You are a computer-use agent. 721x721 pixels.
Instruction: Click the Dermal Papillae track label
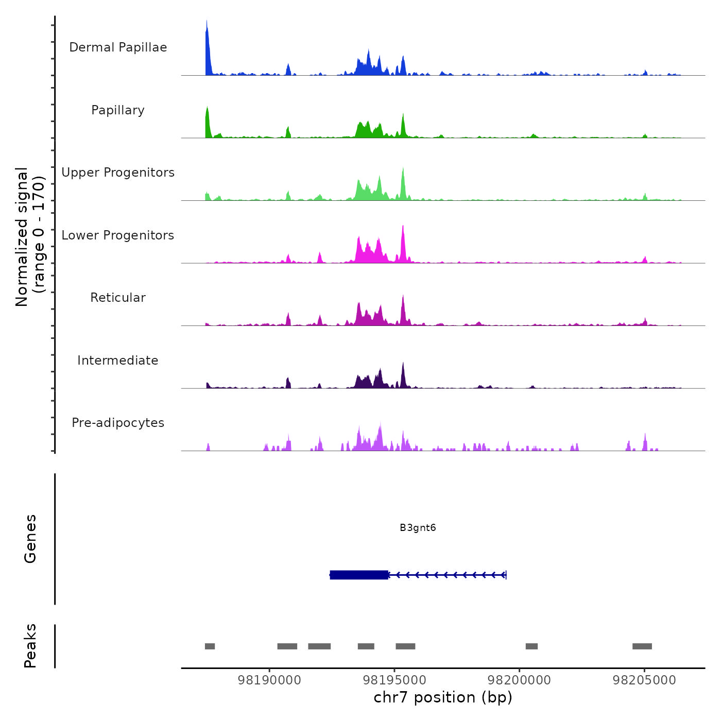tap(118, 47)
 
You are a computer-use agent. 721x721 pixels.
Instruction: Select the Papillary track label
tap(118, 110)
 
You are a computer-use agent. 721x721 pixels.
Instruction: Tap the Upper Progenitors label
tap(118, 173)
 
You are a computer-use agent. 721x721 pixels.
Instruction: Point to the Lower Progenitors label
tap(118, 235)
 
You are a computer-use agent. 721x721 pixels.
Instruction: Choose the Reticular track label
tap(118, 298)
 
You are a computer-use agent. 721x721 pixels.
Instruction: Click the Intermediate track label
tap(118, 360)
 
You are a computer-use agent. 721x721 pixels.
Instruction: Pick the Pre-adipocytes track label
tap(118, 423)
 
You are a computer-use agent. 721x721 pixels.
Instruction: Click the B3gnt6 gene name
tap(418, 527)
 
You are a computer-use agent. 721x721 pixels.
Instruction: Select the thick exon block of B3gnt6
tap(359, 575)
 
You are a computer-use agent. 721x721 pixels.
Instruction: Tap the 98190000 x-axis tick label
tap(269, 680)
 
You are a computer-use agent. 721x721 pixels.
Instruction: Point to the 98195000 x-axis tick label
tap(394, 680)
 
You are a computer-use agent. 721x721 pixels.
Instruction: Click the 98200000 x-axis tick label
tap(519, 680)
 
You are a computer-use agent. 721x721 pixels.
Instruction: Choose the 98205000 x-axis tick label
tap(644, 680)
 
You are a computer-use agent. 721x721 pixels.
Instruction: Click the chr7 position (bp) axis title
tap(443, 698)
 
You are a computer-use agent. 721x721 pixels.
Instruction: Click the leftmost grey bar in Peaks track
tap(210, 646)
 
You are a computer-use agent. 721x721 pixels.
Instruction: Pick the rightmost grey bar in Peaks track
tap(642, 646)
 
